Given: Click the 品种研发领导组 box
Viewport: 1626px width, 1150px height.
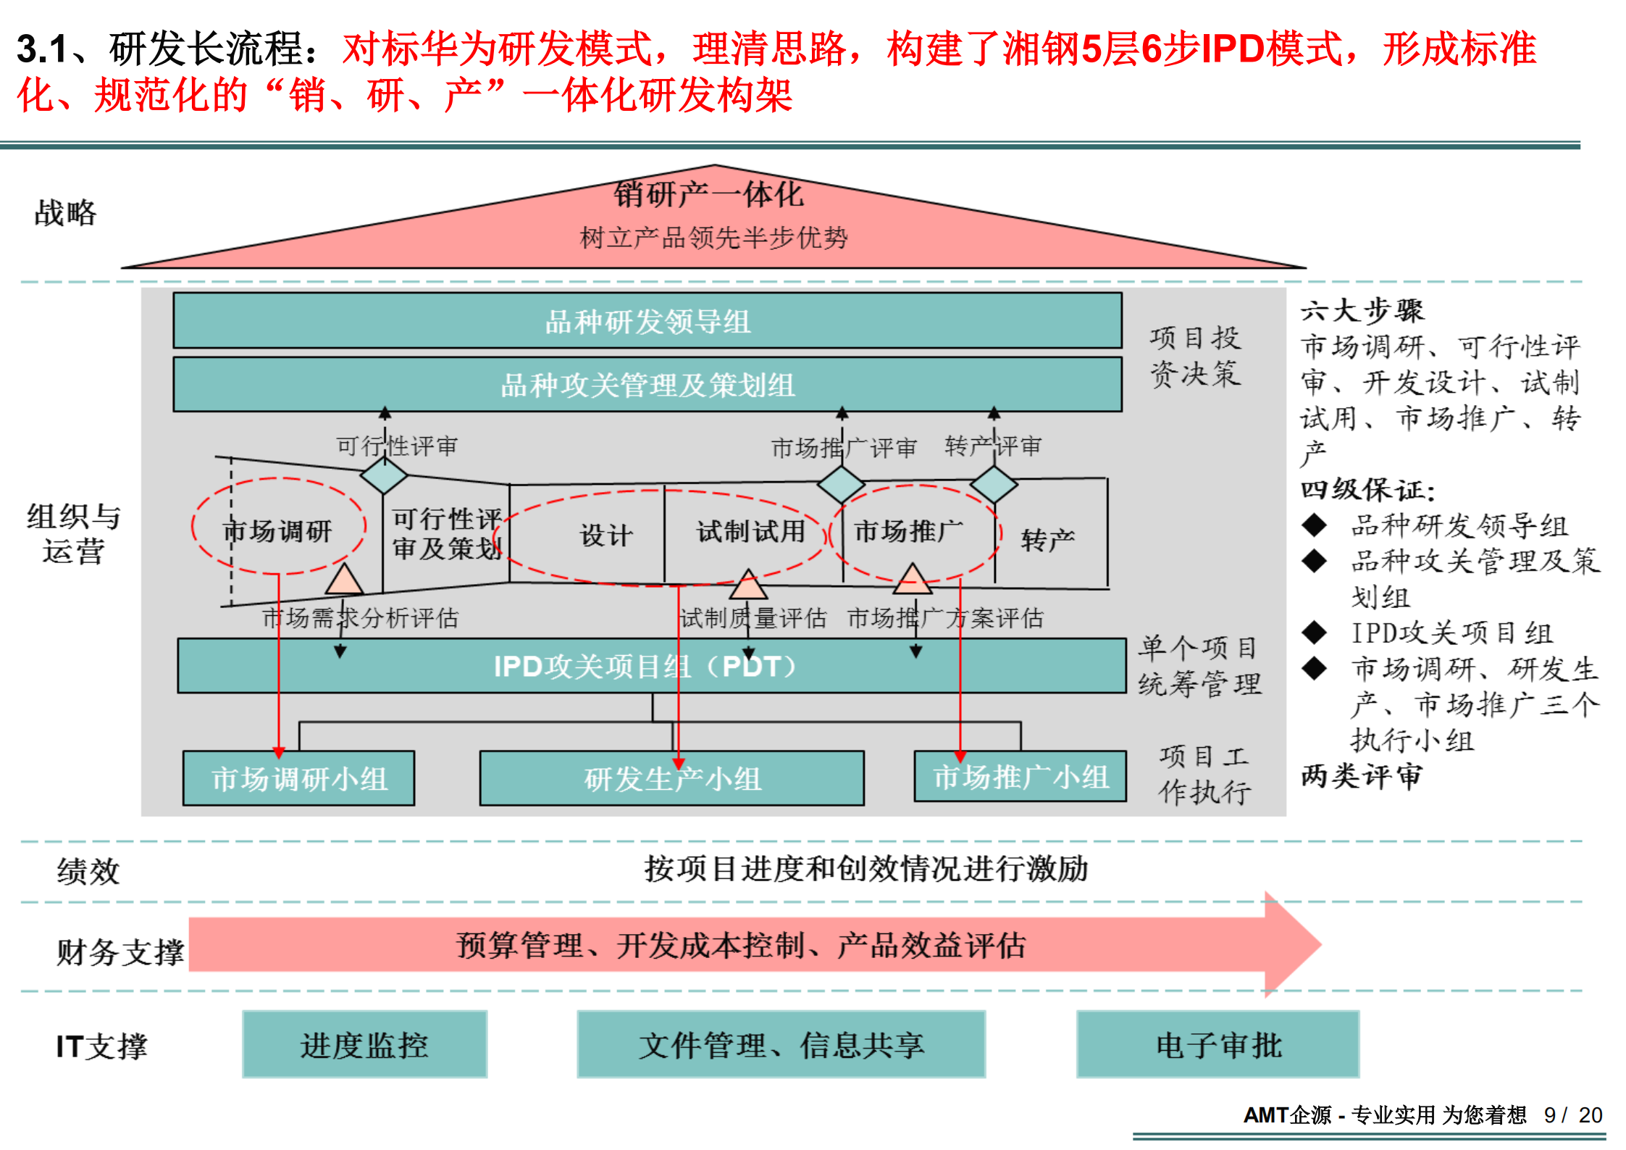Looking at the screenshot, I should point(647,321).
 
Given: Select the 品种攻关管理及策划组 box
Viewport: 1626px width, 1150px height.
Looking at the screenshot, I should point(647,385).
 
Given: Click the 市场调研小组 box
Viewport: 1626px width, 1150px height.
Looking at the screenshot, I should point(298,778).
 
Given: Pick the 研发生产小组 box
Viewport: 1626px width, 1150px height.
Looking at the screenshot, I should point(671,778).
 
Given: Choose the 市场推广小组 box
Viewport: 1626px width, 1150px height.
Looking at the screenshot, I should point(1020,777).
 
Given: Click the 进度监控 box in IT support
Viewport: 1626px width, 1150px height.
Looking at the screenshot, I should point(364,1044).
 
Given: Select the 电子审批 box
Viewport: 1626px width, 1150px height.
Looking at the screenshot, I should point(1218,1044).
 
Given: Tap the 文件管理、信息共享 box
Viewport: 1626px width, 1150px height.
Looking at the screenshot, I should point(781,1044).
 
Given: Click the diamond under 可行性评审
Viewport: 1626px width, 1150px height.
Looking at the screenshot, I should point(384,475).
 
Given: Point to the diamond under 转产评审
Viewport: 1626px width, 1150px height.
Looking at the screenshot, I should point(994,484).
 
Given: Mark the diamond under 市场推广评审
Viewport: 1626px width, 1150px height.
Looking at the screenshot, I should point(841,484).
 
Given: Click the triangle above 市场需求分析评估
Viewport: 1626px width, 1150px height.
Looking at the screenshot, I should point(344,580).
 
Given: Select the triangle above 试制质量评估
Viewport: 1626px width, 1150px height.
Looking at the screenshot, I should point(748,585).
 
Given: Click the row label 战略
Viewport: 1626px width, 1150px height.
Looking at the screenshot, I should point(65,213).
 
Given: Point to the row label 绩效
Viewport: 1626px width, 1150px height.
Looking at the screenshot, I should point(88,871).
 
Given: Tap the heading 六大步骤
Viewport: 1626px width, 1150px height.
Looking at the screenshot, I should point(1362,311).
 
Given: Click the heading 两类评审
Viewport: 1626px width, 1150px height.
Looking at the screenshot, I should point(1362,776).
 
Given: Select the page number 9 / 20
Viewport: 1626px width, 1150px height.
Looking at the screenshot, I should point(1572,1114).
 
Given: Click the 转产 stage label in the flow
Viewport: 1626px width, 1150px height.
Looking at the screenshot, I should point(1047,539).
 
